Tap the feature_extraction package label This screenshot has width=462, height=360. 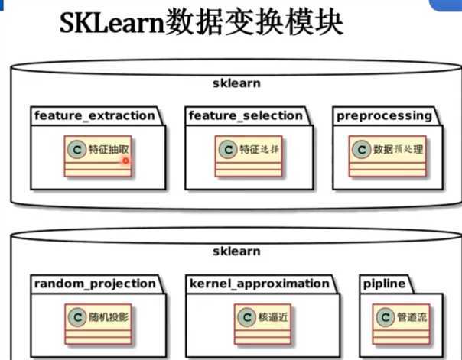95,115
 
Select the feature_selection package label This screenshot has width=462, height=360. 246,115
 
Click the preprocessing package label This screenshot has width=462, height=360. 383,115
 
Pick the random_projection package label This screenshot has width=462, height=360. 95,284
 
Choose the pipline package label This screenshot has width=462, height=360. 384,284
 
